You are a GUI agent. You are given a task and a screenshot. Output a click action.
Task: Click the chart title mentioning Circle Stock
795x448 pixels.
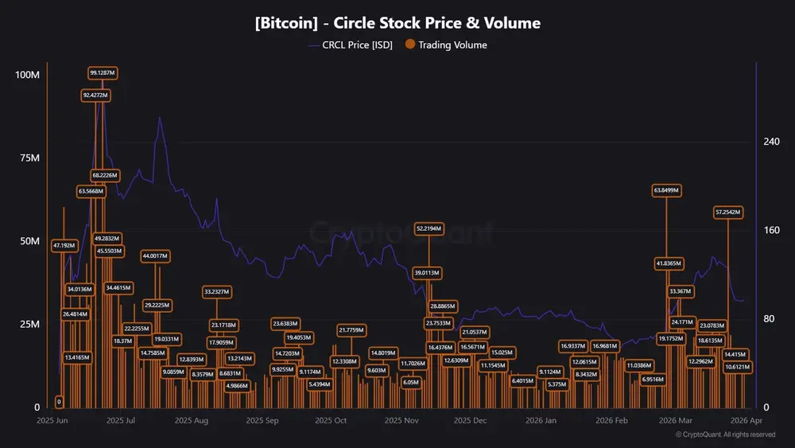point(397,23)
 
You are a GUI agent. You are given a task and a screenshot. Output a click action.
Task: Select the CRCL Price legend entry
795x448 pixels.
point(350,45)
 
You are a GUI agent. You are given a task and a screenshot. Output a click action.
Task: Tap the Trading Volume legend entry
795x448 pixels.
point(447,45)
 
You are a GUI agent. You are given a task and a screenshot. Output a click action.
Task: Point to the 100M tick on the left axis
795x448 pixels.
point(28,75)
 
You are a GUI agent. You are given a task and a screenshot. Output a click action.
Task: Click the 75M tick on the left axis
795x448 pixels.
point(29,158)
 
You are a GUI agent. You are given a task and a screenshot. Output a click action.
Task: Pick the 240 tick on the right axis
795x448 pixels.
point(771,142)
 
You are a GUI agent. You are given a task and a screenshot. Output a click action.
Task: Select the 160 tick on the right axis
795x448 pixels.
point(771,231)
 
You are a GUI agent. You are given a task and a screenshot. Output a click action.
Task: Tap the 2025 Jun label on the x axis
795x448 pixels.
point(52,419)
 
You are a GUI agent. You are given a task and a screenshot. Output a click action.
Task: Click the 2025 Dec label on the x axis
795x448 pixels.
point(469,419)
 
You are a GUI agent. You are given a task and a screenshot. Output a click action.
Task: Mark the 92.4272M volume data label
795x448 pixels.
point(95,95)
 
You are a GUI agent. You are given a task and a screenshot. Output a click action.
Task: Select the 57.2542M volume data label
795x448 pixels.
point(728,212)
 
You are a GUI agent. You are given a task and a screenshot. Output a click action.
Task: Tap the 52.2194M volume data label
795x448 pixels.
point(429,228)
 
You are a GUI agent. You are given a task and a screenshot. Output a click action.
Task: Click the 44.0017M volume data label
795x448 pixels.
point(155,256)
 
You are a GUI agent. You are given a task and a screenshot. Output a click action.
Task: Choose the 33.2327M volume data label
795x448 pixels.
point(216,292)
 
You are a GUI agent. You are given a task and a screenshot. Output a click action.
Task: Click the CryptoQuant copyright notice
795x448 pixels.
point(725,434)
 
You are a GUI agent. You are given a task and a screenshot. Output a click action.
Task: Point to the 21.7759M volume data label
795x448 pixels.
point(351,330)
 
